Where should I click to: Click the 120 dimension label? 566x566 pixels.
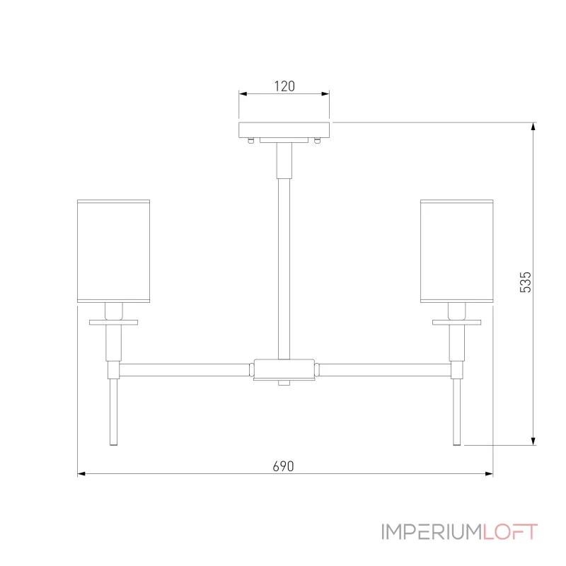coord(284,86)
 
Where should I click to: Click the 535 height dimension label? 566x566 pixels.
coord(525,282)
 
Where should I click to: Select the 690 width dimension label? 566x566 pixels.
coord(283,466)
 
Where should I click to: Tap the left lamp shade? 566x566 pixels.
coord(113,251)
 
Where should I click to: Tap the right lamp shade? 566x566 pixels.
coord(456,251)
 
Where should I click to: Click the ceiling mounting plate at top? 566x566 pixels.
coord(284,129)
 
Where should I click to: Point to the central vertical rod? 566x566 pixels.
coord(284,269)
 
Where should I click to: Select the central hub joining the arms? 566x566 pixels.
coord(284,369)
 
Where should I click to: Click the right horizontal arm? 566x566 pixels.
coord(382,369)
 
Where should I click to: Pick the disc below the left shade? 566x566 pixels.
coord(113,323)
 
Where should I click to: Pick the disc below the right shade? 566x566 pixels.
coord(456,323)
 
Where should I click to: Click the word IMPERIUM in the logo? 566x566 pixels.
coord(432,532)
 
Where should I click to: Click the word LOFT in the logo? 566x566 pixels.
coord(510,532)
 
